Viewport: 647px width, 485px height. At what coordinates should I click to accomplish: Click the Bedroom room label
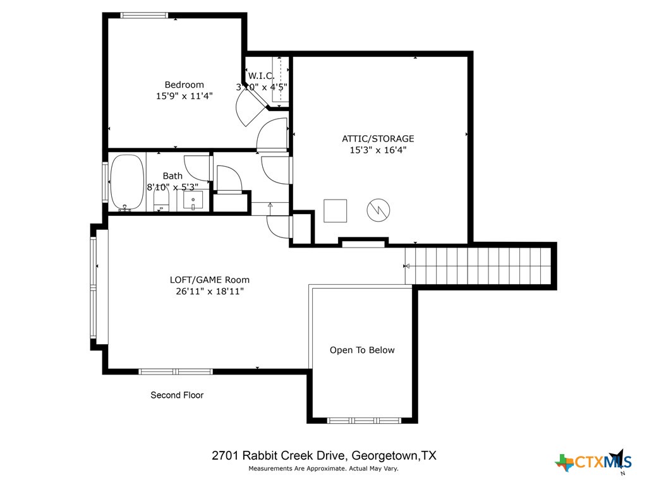184,85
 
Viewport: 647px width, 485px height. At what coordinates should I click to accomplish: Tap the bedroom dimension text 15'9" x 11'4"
184,97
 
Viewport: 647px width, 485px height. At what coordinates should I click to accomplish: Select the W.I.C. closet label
261,76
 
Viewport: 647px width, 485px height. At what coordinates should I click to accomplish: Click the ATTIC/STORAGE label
378,138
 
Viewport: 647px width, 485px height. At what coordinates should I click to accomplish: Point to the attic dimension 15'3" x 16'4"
378,150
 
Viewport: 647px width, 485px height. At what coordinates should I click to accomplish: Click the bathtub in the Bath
127,182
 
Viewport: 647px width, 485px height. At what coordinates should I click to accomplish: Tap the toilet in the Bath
162,201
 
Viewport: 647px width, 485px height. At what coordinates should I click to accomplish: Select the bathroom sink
193,200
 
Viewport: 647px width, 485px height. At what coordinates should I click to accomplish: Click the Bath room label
172,176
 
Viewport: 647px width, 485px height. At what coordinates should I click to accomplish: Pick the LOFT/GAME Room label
210,280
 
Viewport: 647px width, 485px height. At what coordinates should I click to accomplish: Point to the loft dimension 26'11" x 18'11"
210,292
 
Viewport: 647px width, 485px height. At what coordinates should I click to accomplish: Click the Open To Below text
362,350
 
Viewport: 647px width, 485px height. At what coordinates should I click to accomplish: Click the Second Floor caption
177,395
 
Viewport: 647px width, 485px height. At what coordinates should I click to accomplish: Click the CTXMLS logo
593,462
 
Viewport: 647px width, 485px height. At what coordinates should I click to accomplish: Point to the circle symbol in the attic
380,210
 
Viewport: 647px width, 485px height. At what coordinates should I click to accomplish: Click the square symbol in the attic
335,210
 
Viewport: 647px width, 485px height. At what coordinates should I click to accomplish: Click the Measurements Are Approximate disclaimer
323,469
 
